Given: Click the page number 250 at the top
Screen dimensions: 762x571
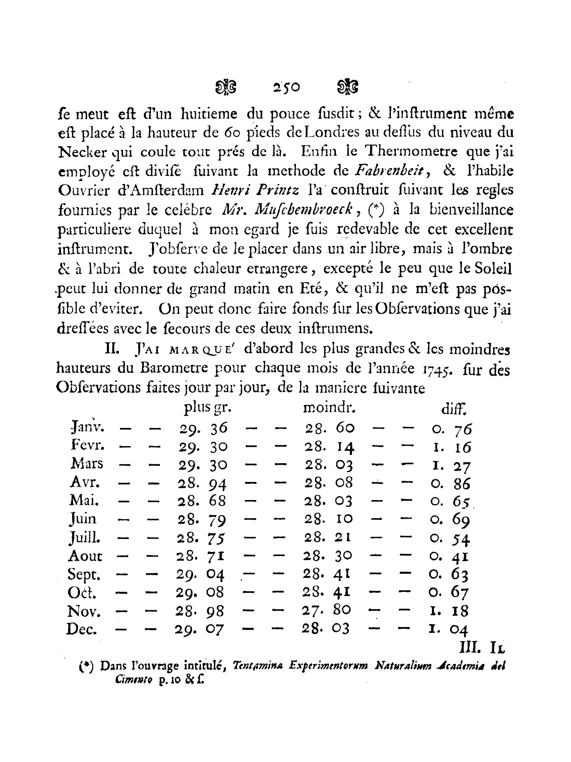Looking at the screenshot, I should pos(287,87).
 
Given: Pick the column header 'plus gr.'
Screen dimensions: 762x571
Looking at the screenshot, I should pos(207,408).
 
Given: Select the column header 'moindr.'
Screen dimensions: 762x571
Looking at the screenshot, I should pos(329,408).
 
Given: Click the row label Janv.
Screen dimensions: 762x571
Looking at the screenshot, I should pos(87,428).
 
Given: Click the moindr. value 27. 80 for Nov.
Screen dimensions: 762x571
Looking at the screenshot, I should pos(327,611).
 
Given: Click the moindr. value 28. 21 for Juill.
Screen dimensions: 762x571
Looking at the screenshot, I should pos(328,537).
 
